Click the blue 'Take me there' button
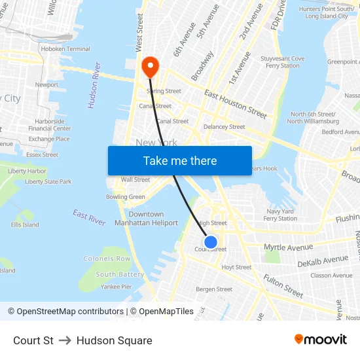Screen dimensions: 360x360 179,160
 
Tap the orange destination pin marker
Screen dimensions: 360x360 150,66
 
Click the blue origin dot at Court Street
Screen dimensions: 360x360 211,242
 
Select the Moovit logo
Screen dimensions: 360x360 320,340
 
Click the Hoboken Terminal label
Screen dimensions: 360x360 65,49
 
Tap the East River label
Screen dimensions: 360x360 89,218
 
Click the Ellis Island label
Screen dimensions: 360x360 25,225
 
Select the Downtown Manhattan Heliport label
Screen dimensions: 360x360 147,219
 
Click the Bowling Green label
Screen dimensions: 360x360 126,197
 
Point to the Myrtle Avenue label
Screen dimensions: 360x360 288,247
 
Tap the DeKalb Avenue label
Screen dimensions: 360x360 323,261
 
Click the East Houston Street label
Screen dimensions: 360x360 235,105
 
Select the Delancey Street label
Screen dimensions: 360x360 224,127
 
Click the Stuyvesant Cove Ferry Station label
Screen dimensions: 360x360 283,62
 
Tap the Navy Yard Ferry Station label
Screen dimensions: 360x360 280,215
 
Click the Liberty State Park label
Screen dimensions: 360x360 48,182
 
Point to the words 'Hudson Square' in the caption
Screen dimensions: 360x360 114,340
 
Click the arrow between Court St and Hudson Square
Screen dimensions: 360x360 65,340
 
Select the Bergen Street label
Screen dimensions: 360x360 214,289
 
